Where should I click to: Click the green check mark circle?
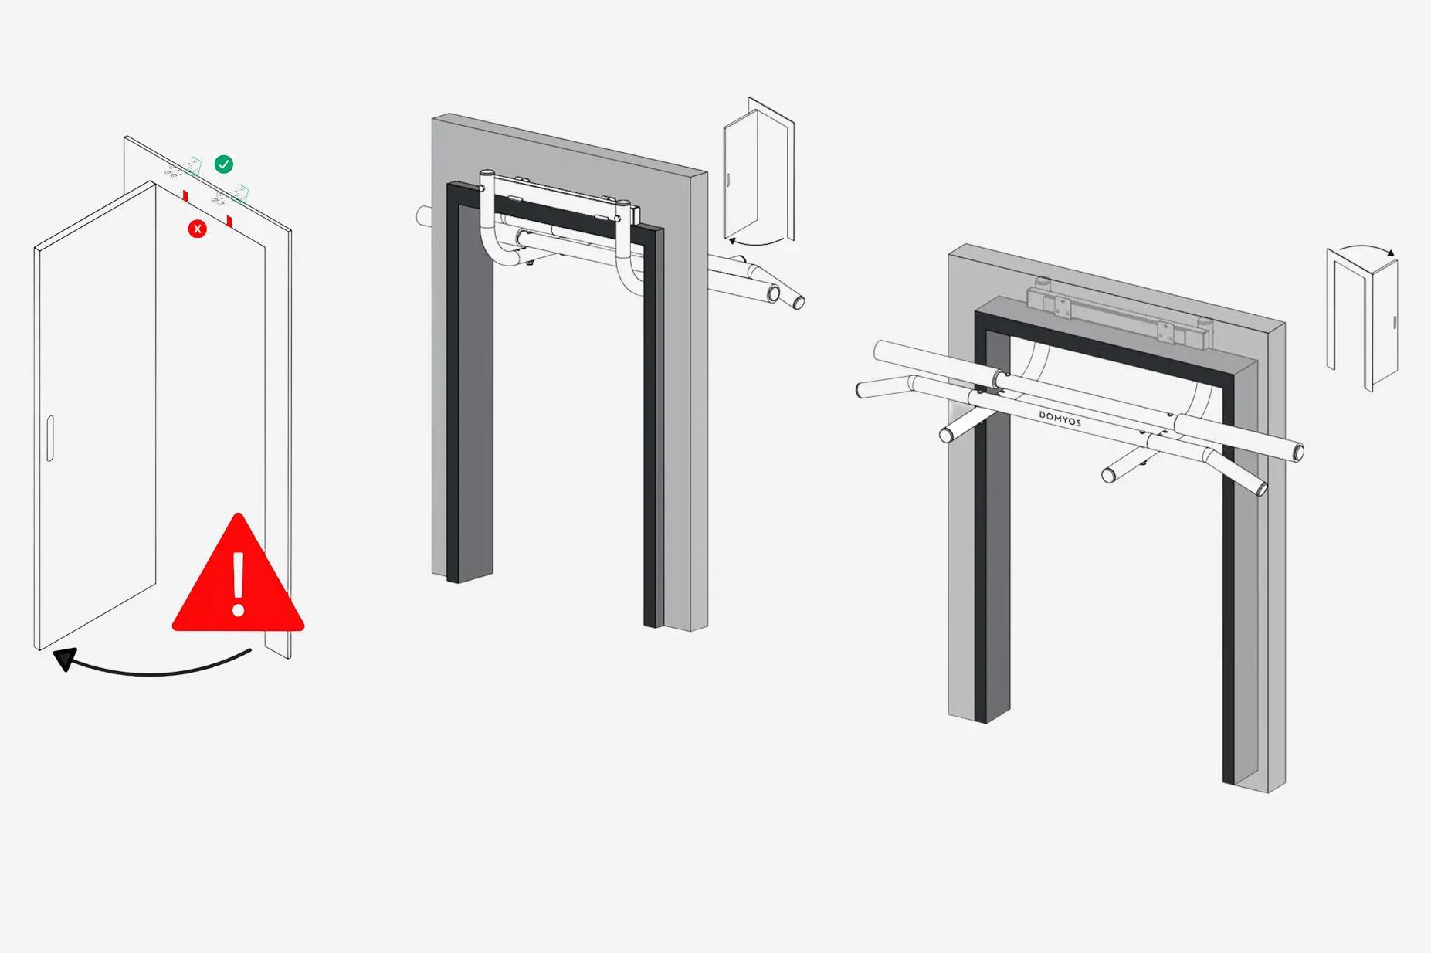pyautogui.click(x=223, y=164)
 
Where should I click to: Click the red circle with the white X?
pyautogui.click(x=198, y=229)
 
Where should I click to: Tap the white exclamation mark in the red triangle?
pyautogui.click(x=239, y=583)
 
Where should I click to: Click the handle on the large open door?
pyautogui.click(x=50, y=438)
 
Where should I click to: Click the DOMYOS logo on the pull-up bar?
pyautogui.click(x=1060, y=419)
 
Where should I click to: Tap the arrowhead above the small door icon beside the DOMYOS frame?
pyautogui.click(x=1391, y=252)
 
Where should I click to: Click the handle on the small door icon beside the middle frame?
pyautogui.click(x=727, y=180)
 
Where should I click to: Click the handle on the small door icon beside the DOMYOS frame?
pyautogui.click(x=1395, y=322)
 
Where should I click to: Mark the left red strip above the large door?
pyautogui.click(x=185, y=195)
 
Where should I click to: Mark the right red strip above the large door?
pyautogui.click(x=229, y=222)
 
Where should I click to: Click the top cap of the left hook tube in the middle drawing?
pyautogui.click(x=487, y=175)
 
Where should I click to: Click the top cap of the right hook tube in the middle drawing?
pyautogui.click(x=622, y=204)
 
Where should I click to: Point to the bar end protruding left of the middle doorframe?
pyautogui.click(x=422, y=215)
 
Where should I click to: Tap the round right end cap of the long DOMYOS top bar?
pyautogui.click(x=1297, y=451)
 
